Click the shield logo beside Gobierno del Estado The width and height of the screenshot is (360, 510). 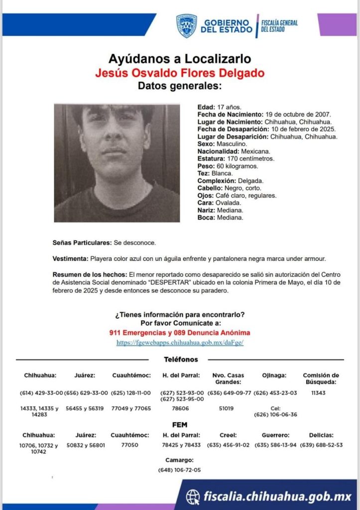[186, 26]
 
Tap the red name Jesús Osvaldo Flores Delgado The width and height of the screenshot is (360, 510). [180, 74]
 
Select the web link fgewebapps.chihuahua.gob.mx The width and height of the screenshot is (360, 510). [180, 343]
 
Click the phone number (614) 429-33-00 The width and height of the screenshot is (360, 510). [41, 393]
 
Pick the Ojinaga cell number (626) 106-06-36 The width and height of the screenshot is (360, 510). [275, 414]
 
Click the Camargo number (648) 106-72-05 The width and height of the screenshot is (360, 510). [180, 470]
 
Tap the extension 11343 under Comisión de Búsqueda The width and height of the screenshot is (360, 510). [321, 393]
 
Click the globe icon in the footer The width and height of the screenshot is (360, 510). [193, 496]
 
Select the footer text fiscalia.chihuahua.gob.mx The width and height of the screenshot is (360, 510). [277, 496]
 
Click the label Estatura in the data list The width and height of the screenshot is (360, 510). [211, 158]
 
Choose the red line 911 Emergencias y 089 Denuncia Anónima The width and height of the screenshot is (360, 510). [180, 332]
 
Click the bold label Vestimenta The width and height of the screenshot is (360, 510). [70, 259]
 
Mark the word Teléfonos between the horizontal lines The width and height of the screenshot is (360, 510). [181, 360]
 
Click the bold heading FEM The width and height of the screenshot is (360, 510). [180, 425]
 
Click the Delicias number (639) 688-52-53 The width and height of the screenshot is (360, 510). [321, 445]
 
